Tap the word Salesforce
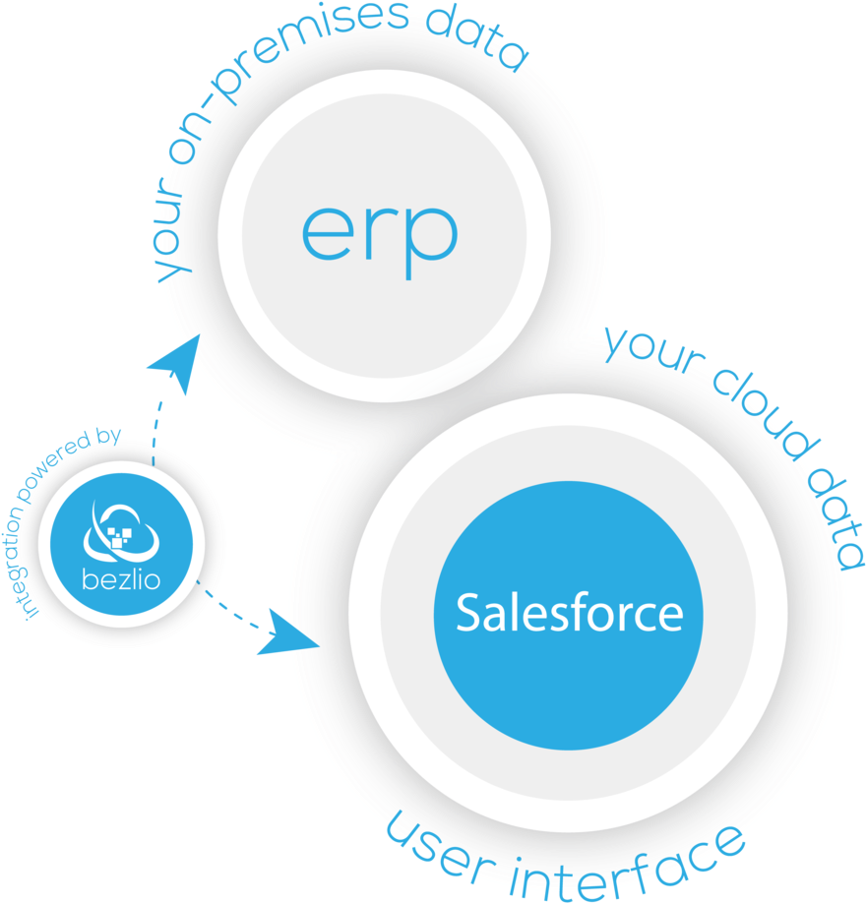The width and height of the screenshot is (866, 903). point(569,613)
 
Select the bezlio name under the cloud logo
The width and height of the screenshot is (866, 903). point(121,578)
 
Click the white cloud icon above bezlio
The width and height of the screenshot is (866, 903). point(122,531)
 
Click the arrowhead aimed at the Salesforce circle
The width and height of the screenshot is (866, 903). point(286,634)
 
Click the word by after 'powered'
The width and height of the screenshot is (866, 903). point(108,437)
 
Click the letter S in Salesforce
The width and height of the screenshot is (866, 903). point(469,613)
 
